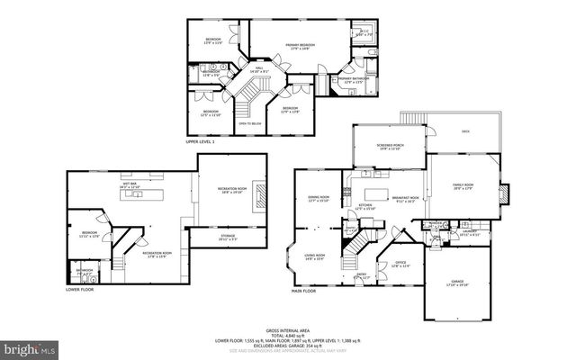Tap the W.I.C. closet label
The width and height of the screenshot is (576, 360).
click(x=364, y=34)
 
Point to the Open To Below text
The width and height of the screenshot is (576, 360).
click(x=250, y=123)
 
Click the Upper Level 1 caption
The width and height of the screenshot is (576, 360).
click(x=200, y=141)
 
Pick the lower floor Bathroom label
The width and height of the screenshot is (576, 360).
click(x=85, y=270)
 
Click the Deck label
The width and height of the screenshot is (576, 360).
click(x=465, y=131)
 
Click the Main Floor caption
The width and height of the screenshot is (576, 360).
click(x=303, y=291)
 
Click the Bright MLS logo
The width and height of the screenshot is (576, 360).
click(x=28, y=346)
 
